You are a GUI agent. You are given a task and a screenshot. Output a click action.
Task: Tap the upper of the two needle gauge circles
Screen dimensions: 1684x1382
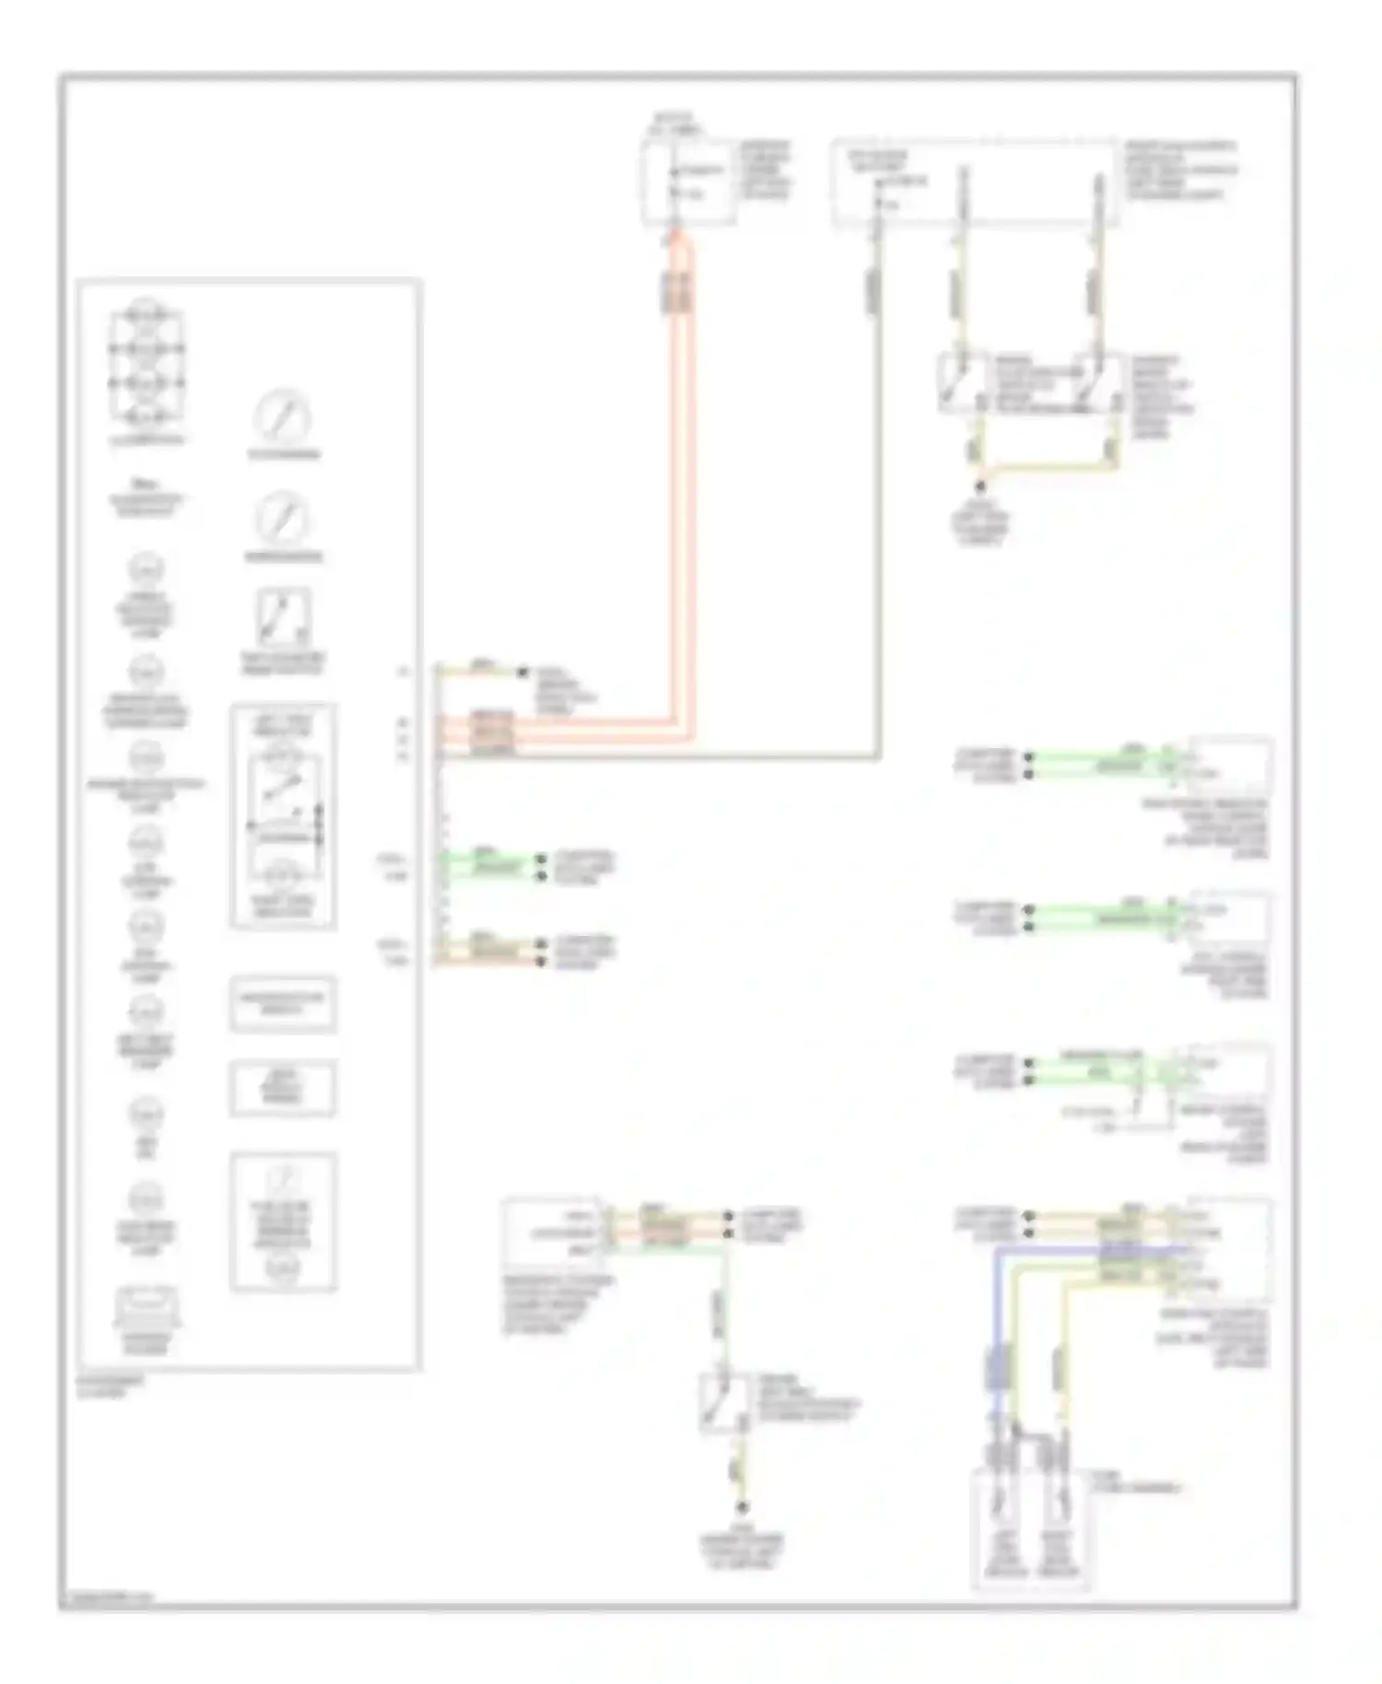(x=282, y=417)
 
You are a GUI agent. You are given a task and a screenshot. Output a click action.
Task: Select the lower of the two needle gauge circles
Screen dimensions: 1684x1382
(x=282, y=520)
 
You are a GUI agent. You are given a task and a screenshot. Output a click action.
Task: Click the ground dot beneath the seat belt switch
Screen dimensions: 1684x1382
(x=741, y=1508)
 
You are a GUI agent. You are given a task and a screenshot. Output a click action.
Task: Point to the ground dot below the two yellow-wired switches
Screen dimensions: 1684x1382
(x=981, y=485)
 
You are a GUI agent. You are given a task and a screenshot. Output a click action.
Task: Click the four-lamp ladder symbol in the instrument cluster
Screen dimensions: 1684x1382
(x=146, y=366)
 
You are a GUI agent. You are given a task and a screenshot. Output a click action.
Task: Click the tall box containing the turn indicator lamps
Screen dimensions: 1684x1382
(x=283, y=817)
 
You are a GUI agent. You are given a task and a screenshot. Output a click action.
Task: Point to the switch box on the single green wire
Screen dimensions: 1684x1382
(x=722, y=1402)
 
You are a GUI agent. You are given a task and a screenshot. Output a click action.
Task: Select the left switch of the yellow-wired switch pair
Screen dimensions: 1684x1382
(x=958, y=382)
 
